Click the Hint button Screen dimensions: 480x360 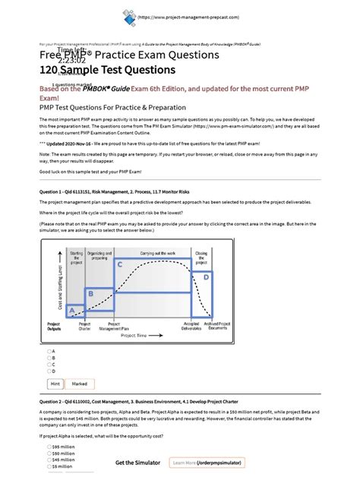(55, 384)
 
